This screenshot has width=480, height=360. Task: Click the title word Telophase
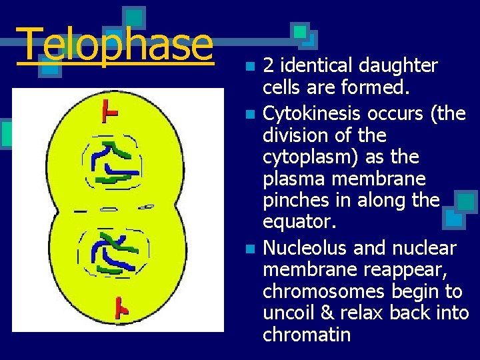[x=115, y=45]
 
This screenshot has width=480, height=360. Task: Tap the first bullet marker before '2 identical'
[x=249, y=67]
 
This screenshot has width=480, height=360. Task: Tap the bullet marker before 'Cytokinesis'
[x=249, y=114]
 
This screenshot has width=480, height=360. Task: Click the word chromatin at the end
[x=307, y=335]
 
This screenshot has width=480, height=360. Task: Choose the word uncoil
[x=288, y=313]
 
